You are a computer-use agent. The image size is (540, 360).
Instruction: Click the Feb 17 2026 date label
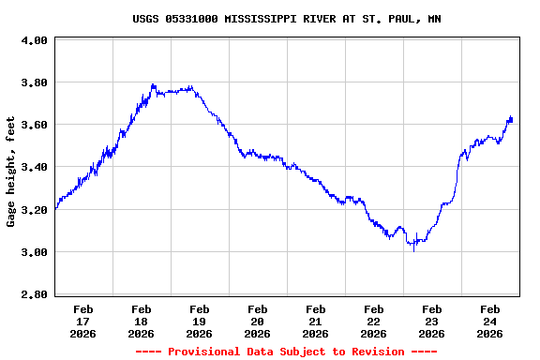point(82,321)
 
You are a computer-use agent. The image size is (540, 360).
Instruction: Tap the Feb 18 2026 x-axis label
point(141,321)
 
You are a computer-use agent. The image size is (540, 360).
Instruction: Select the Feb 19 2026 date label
point(199,321)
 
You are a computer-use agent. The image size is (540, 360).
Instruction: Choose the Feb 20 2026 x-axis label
point(257,321)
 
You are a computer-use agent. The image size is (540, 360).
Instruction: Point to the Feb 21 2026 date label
point(315,321)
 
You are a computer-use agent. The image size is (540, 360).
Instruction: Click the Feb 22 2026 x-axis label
point(373,321)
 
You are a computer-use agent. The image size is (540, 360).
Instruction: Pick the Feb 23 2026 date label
point(431,321)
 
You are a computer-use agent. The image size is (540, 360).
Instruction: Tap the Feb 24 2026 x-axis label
point(489,321)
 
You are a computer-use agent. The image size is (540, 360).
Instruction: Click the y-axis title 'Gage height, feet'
point(11,172)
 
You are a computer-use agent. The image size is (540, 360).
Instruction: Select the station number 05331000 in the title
point(190,19)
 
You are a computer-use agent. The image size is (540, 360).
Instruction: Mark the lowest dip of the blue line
point(413,250)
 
